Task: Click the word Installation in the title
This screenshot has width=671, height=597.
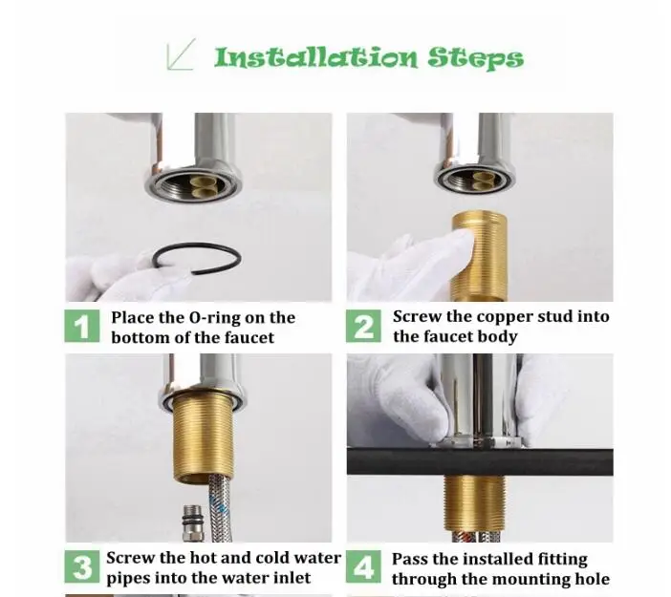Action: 315,57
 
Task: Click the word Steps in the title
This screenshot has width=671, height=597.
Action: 475,58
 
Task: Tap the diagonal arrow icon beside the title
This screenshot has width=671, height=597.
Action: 181,53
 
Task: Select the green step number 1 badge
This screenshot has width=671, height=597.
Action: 82,326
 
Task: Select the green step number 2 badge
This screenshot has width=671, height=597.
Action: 363,326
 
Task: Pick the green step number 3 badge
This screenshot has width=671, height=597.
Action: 82,566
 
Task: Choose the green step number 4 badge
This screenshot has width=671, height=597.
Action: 363,566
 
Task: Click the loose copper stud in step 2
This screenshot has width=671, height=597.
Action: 479,256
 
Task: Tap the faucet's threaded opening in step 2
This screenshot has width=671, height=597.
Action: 475,178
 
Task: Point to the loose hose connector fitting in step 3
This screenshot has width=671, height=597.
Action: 192,523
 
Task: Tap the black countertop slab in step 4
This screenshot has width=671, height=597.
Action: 480,462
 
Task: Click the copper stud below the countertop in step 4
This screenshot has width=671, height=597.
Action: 475,503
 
